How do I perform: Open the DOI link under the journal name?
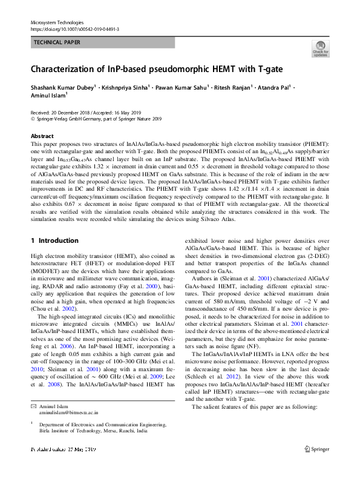coord(74,28)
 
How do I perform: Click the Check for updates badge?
coord(320,49)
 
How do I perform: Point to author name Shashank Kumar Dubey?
coord(62,87)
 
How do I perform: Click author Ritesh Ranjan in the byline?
coord(234,87)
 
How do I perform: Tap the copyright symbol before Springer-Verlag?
coord(33,119)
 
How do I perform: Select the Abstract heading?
coord(42,136)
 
